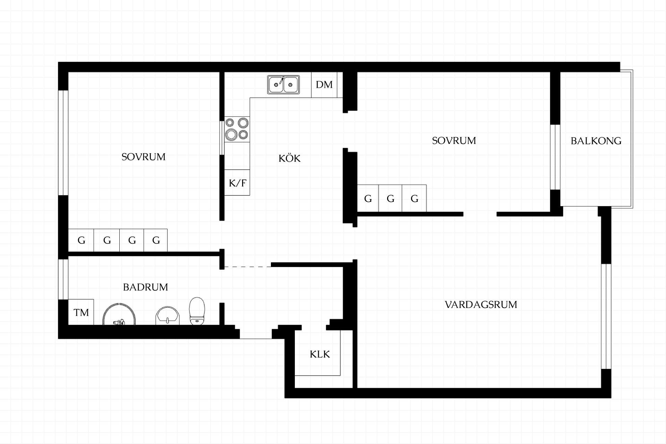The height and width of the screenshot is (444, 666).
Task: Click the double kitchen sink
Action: click(283, 85)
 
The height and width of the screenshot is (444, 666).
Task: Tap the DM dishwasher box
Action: click(324, 85)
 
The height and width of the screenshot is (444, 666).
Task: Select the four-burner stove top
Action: click(237, 129)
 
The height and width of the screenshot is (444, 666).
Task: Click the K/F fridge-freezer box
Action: click(237, 182)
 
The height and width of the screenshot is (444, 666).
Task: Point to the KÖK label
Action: click(289, 159)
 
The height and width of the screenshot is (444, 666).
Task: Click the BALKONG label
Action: click(596, 141)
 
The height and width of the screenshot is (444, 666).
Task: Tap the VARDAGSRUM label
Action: click(481, 305)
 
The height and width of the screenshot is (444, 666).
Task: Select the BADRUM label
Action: click(145, 287)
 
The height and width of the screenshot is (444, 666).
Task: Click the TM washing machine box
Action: click(81, 312)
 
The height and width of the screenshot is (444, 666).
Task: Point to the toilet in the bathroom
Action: click(197, 311)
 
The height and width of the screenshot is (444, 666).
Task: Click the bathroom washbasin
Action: click(168, 316)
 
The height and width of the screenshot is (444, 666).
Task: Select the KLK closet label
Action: click(319, 354)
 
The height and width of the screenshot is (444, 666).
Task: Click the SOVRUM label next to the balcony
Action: click(454, 140)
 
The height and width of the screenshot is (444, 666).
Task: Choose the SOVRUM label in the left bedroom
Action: click(143, 157)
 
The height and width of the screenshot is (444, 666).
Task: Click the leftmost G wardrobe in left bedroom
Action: click(81, 240)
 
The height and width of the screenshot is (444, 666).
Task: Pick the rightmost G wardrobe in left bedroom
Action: click(156, 240)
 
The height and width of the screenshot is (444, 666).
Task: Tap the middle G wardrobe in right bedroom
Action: click(390, 198)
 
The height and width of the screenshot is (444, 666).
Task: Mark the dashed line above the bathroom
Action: click(248, 267)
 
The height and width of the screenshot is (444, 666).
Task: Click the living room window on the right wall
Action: click(606, 316)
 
